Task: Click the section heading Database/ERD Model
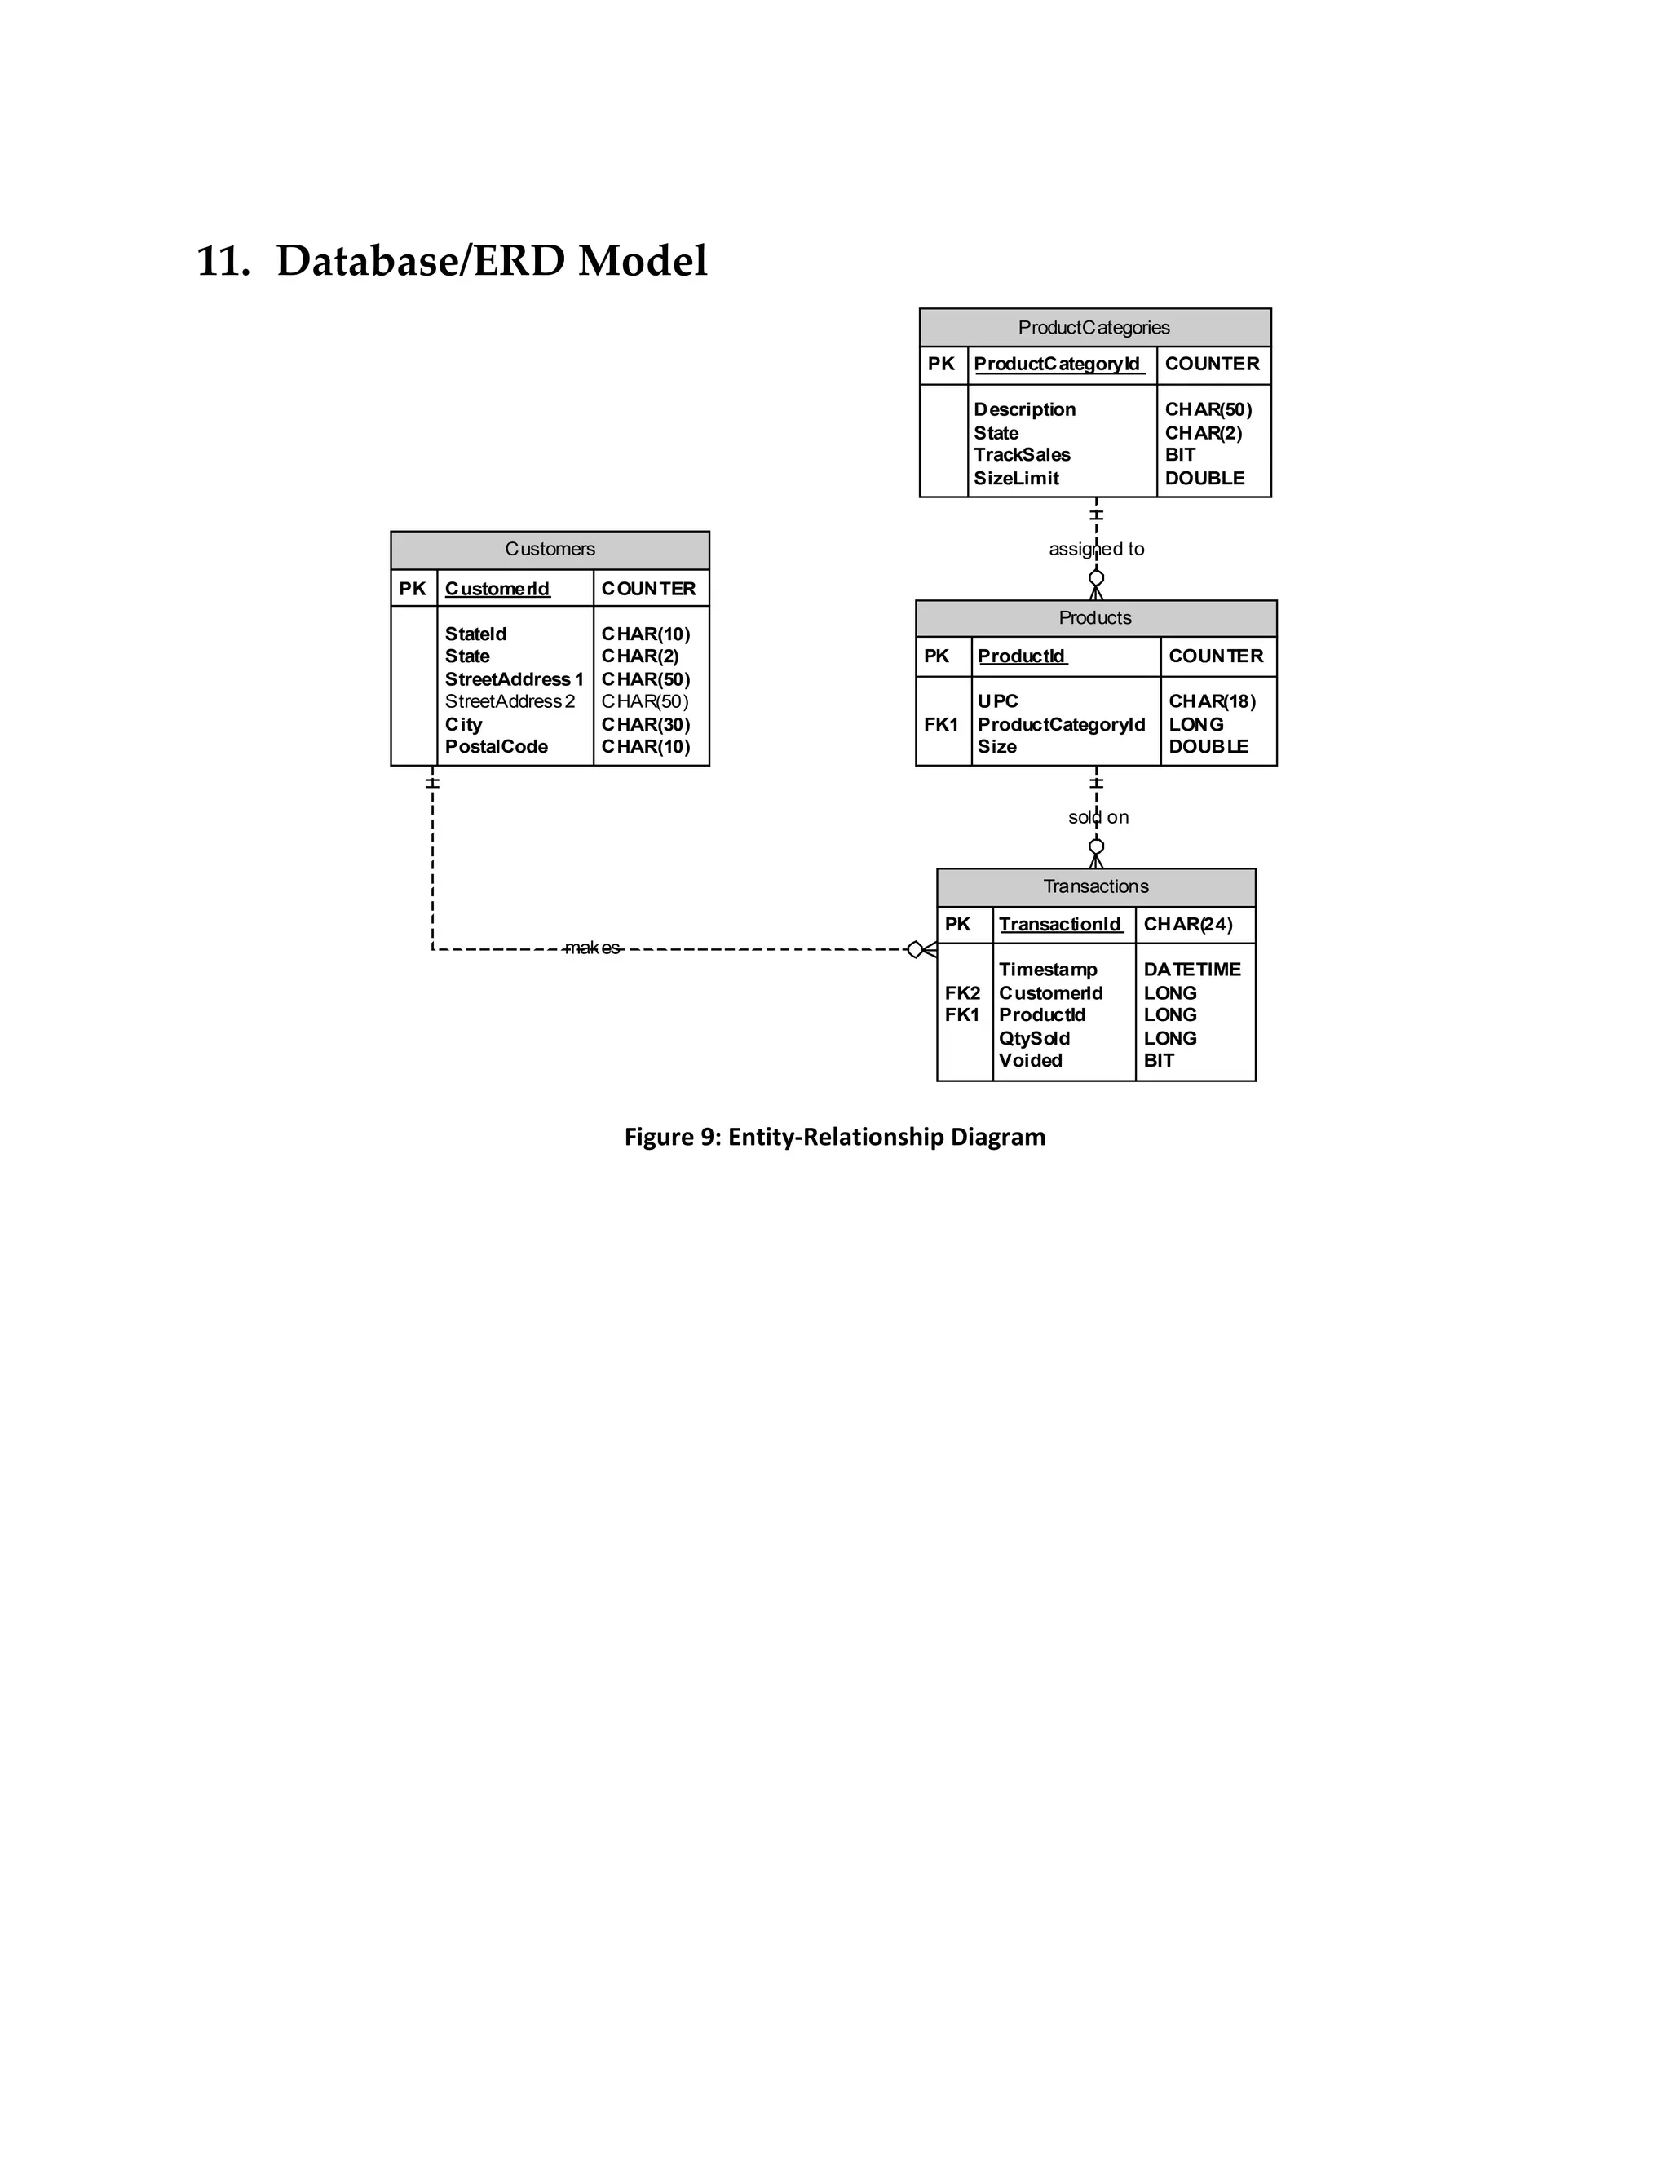[x=452, y=261]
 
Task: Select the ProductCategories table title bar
[x=1094, y=328]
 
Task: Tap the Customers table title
[x=550, y=549]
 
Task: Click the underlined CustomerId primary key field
[x=497, y=589]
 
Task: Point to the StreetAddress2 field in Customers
[x=510, y=701]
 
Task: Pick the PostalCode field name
[x=496, y=747]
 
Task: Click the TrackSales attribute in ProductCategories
[x=1022, y=455]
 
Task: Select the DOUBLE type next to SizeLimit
[x=1204, y=479]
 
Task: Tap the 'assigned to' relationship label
[x=1096, y=549]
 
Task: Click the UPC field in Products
[x=997, y=701]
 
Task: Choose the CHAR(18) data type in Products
[x=1212, y=701]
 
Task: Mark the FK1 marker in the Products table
[x=941, y=724]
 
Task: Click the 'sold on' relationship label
[x=1098, y=817]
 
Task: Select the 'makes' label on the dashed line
[x=592, y=948]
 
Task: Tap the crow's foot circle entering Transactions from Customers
[x=915, y=950]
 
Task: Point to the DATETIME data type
[x=1192, y=970]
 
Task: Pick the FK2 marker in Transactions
[x=961, y=992]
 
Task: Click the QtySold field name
[x=1034, y=1038]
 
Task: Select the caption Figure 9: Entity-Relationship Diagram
[x=834, y=1137]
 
